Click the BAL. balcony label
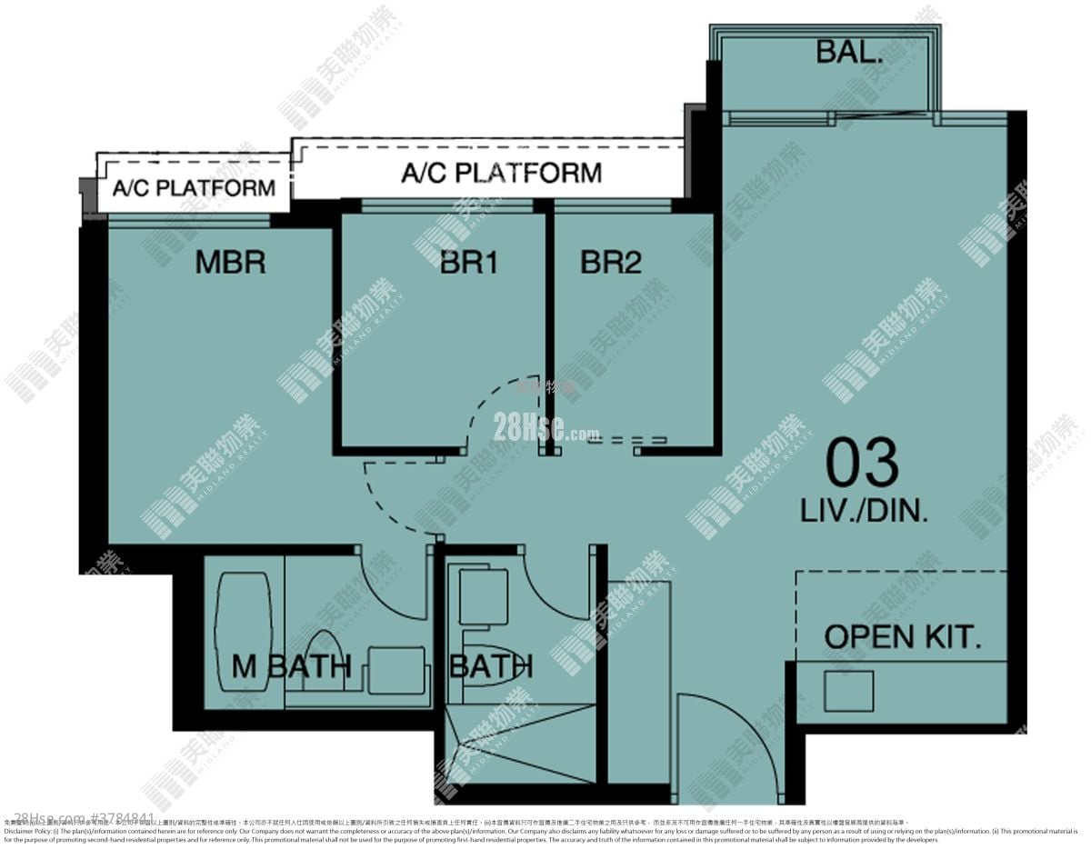(849, 52)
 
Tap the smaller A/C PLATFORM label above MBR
(194, 189)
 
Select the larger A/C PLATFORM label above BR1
(501, 173)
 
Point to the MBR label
(230, 264)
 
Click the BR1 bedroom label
(469, 264)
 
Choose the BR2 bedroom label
(611, 264)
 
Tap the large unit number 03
(862, 464)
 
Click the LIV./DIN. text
(864, 511)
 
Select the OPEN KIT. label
(902, 636)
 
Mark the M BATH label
(291, 666)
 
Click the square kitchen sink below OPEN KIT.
(848, 691)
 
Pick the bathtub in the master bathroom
(242, 627)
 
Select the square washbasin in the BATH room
(483, 596)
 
